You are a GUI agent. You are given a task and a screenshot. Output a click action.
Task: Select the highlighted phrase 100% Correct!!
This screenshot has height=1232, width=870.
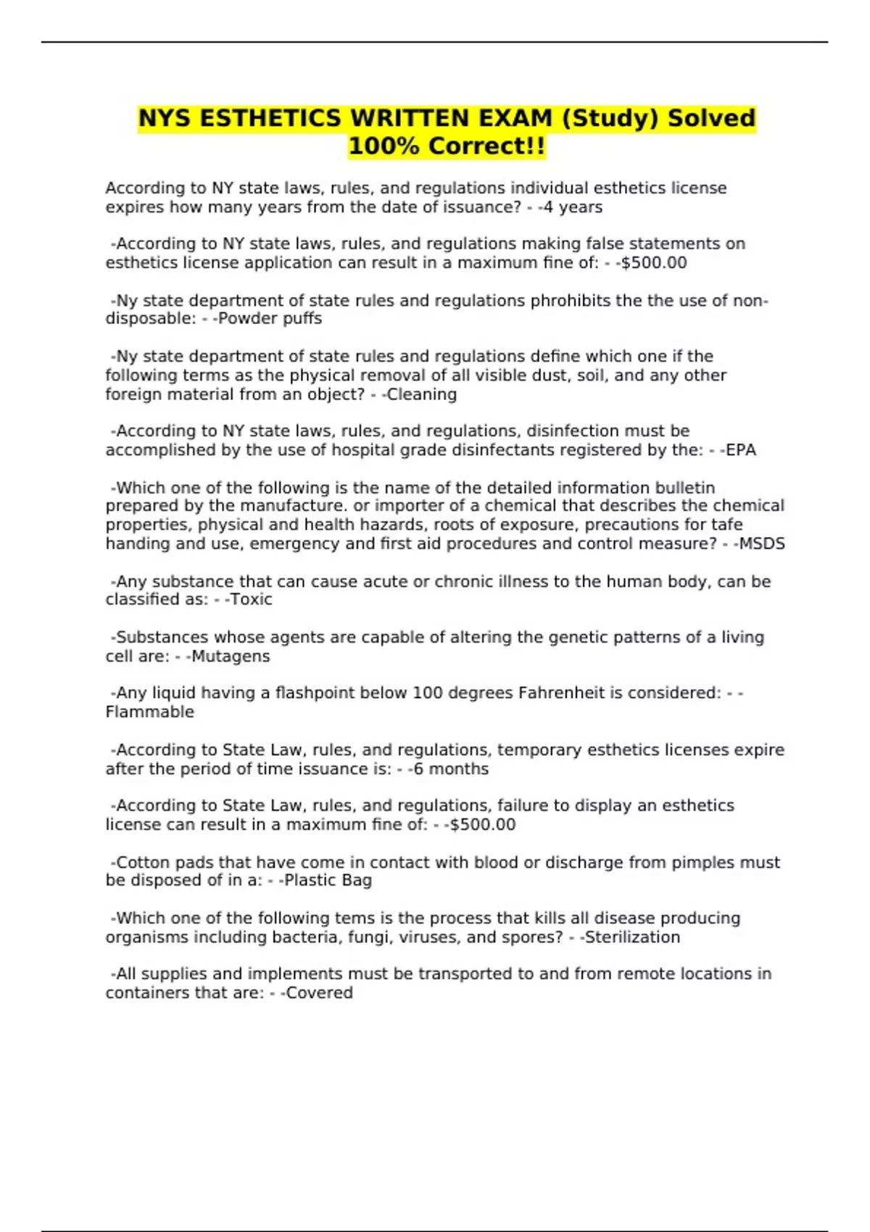[447, 146]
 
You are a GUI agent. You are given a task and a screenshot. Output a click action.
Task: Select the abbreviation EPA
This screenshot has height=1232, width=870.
[741, 450]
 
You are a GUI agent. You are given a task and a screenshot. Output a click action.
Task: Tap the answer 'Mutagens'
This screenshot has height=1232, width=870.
[231, 657]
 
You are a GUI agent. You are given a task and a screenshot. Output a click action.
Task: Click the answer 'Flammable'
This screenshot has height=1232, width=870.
[150, 712]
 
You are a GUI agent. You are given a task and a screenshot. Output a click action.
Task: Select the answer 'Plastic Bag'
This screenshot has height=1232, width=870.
[328, 881]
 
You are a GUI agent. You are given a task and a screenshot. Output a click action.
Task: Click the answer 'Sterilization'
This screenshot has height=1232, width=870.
[632, 938]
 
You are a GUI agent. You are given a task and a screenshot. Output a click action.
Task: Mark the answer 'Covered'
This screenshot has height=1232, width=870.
[320, 993]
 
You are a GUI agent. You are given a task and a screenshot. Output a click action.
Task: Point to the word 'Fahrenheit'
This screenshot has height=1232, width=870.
[560, 694]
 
